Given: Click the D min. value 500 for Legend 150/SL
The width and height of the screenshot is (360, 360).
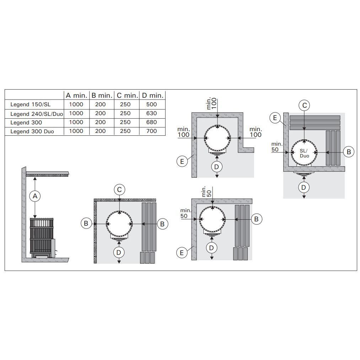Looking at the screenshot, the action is pos(151,104).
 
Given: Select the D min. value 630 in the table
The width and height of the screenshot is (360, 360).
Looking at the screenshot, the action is pos(151,113).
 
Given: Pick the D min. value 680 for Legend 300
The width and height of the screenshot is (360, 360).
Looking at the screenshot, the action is pos(151,122).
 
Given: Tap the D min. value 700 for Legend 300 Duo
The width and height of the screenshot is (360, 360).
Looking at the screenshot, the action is pos(151,131).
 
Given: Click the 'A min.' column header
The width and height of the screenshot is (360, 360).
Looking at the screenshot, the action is pos(76,96).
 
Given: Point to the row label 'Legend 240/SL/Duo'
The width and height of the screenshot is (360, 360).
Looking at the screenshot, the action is pos(37,114).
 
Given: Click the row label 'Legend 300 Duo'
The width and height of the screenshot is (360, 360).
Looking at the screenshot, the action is pos(32,131).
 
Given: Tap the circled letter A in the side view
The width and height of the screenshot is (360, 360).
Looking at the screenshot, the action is pos(35,196).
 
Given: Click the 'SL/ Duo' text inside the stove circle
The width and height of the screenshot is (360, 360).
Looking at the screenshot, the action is pos(305,154).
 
